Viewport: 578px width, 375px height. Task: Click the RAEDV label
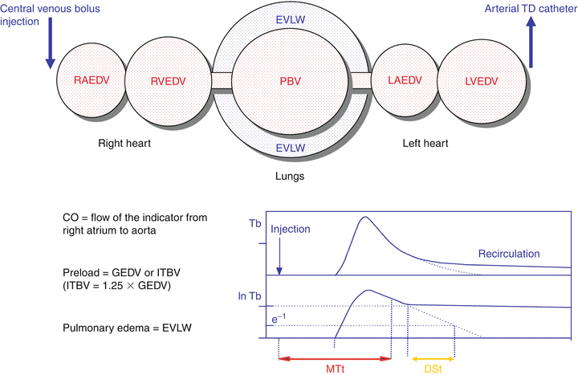(x=88, y=80)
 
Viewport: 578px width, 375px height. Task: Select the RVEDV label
(x=166, y=80)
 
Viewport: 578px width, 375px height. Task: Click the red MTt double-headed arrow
(x=334, y=357)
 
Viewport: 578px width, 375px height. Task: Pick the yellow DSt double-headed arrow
(x=431, y=357)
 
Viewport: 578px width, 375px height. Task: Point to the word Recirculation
(x=509, y=254)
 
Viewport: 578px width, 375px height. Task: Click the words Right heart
(x=125, y=144)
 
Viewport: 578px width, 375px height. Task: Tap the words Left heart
(x=425, y=144)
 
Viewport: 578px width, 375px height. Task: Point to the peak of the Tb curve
(x=366, y=217)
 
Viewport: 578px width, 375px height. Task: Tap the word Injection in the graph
(x=290, y=229)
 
